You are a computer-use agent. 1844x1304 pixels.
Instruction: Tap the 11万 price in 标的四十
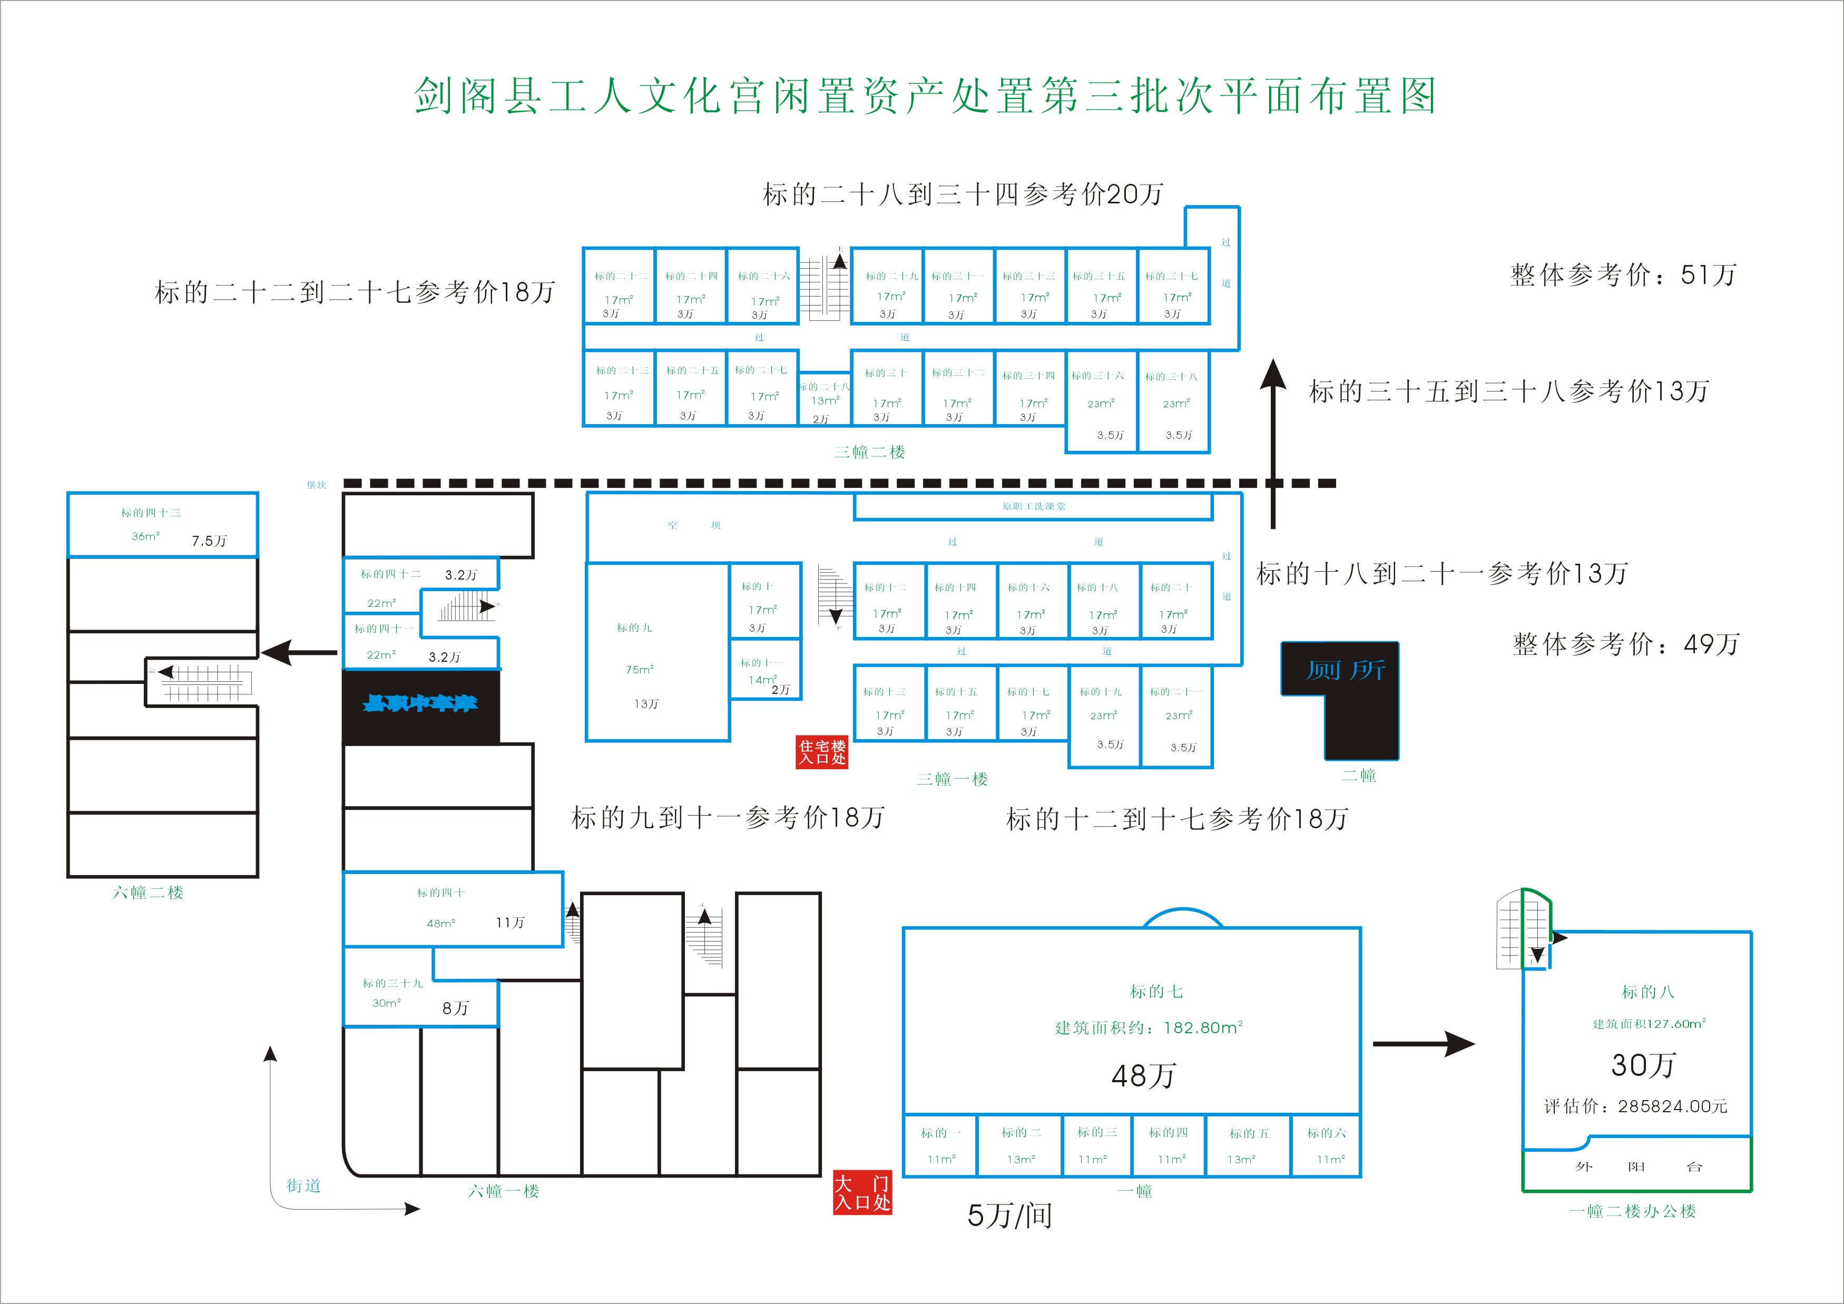pyautogui.click(x=510, y=923)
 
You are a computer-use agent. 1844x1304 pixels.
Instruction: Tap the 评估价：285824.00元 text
pyautogui.click(x=1635, y=1106)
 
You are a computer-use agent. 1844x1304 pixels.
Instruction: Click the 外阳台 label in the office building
pyautogui.click(x=1637, y=1166)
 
